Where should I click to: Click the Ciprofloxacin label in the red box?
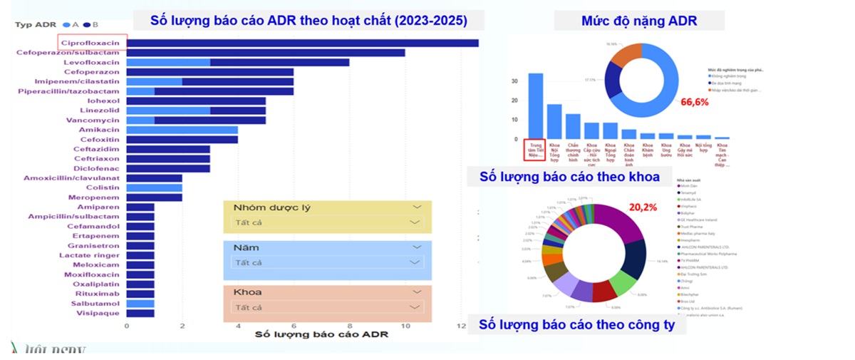tap(93, 43)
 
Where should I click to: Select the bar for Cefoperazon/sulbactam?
tap(266, 53)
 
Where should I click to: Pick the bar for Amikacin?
tap(182, 130)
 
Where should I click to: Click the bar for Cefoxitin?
tap(182, 140)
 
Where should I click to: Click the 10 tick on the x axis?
tap(406, 326)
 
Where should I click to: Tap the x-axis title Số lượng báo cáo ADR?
tap(321, 334)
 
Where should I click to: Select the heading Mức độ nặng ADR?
tap(639, 21)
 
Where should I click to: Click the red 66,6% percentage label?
tap(694, 103)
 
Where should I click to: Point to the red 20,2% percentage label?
tap(642, 207)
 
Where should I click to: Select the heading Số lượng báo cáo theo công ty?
tap(577, 325)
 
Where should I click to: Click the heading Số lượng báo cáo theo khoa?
tap(569, 177)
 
